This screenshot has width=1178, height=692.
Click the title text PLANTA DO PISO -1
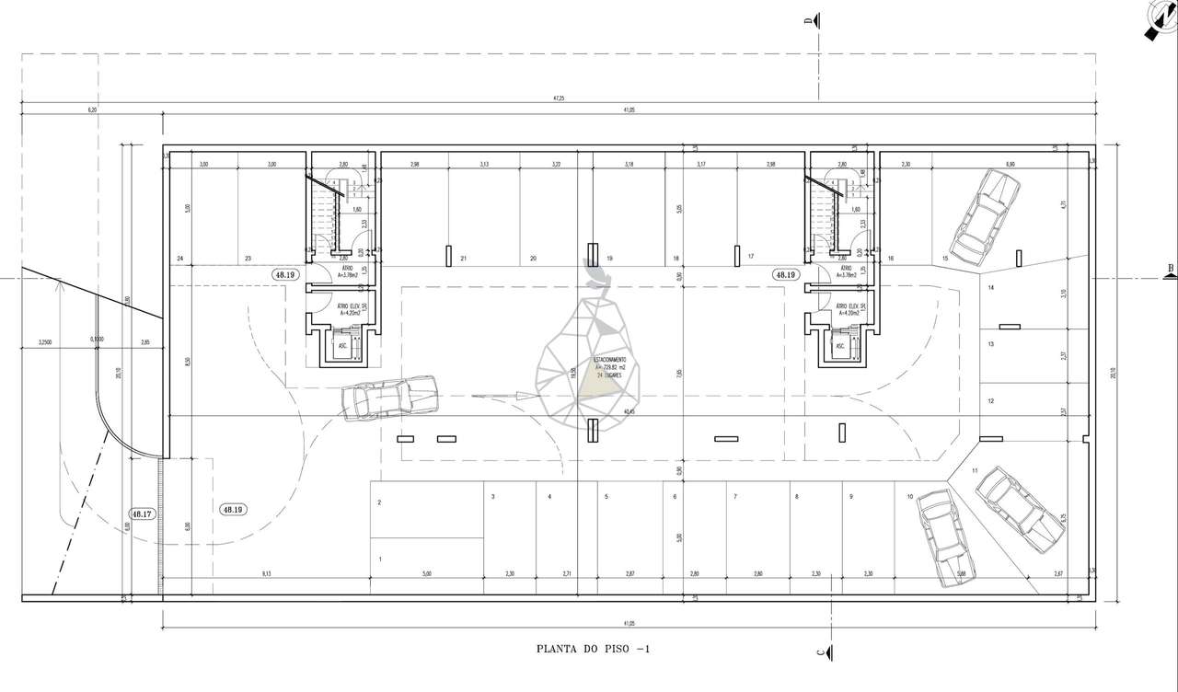click(594, 649)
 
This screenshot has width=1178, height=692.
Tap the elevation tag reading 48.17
click(142, 514)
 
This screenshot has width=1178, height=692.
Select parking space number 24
click(180, 259)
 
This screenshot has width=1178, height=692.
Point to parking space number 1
click(379, 559)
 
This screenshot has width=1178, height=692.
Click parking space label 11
click(975, 471)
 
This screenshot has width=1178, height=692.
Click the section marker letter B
click(1170, 270)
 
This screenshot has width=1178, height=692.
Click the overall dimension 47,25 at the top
click(558, 98)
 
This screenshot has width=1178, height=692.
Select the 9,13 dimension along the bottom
click(266, 574)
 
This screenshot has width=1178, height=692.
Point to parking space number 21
click(464, 259)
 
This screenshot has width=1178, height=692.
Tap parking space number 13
click(991, 344)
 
